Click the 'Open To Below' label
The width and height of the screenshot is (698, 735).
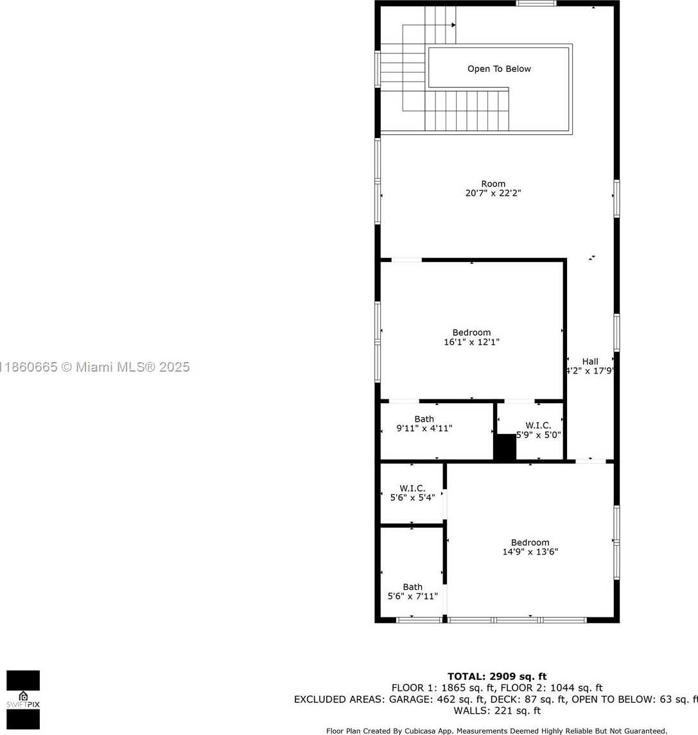[499, 69]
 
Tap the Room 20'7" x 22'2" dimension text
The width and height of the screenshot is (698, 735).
[493, 189]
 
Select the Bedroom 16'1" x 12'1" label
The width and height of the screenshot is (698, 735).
[471, 337]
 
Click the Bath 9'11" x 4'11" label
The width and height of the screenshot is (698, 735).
[424, 423]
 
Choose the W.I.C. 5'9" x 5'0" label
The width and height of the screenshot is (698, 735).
[538, 430]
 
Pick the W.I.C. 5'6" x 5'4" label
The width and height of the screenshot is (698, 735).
[412, 492]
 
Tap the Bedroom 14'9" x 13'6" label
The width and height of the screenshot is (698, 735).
[530, 547]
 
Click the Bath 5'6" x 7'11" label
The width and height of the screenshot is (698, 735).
[412, 592]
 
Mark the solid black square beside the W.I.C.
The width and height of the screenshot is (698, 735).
[505, 447]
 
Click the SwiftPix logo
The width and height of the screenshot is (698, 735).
[23, 700]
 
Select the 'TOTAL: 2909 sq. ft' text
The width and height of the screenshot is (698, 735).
[497, 677]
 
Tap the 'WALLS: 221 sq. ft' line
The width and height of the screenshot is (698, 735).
[497, 711]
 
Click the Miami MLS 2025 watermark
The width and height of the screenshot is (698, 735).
[94, 367]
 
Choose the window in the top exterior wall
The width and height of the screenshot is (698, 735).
[536, 3]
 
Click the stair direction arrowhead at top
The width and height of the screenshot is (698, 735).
[454, 25]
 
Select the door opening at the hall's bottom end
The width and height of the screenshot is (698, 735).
[591, 462]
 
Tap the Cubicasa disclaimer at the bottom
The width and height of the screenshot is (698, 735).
[496, 731]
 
